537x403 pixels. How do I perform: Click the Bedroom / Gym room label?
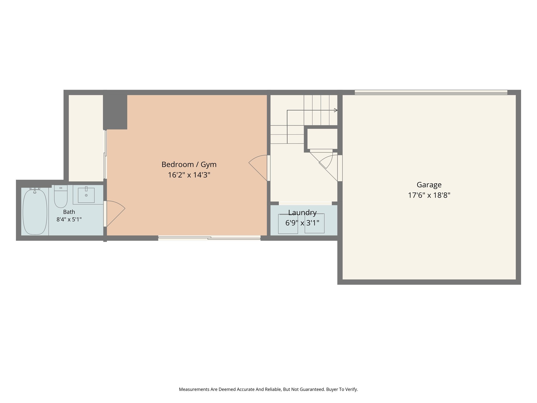tap(189, 165)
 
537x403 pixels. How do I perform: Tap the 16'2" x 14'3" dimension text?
tap(189, 175)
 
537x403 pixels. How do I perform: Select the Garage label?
tap(429, 185)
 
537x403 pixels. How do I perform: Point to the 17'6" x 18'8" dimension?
tap(429, 195)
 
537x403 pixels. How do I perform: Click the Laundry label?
tap(302, 213)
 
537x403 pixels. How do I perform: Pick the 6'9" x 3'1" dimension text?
tap(302, 223)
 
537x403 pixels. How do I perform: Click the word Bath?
tap(69, 212)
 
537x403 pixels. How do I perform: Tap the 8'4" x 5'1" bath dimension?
tap(69, 219)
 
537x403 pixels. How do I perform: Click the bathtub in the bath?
tap(35, 211)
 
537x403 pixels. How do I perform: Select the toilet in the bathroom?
tap(61, 196)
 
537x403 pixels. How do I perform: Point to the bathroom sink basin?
tap(86, 195)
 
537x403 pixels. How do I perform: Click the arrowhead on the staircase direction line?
tap(336, 110)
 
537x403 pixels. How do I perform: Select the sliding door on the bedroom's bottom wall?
tap(209, 238)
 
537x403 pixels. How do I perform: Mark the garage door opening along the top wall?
tap(431, 92)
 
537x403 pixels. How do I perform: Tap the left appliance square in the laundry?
tap(288, 224)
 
